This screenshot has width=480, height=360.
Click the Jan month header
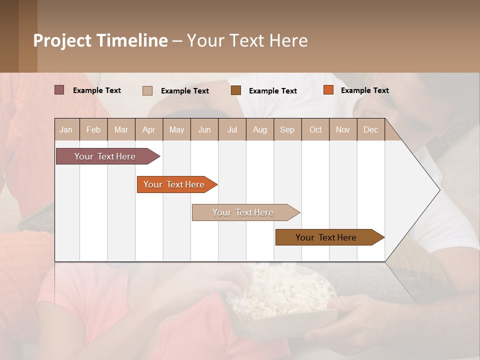66,129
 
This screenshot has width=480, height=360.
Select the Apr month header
149,129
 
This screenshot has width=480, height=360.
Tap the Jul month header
232,129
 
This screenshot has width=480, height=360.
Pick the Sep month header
287,129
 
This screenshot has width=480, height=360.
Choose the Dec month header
370,129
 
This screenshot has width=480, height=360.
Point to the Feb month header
93,129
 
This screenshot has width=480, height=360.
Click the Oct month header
315,129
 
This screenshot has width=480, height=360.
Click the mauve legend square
59,90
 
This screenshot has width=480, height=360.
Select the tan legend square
147,90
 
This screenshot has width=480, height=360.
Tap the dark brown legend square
236,90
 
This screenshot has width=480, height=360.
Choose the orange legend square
328,90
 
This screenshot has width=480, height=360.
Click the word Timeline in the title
132,40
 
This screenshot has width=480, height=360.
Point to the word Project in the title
62,40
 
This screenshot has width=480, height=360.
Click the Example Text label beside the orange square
364,90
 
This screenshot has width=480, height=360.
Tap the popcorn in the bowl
280,290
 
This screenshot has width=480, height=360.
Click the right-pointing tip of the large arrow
438,190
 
